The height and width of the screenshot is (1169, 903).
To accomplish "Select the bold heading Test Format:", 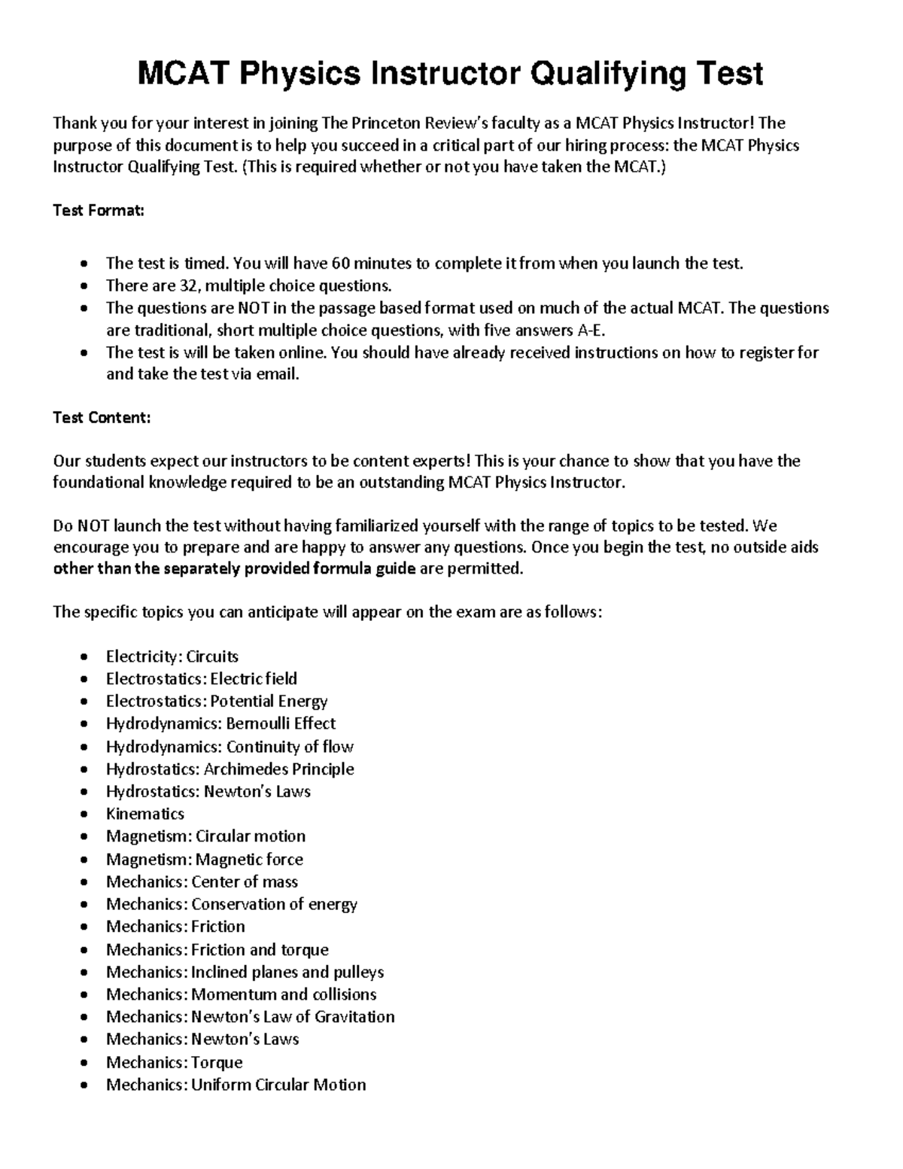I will click(x=98, y=211).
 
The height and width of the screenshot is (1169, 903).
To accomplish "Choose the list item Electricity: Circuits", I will click(x=172, y=656).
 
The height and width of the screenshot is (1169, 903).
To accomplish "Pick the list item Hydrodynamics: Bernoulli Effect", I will click(x=220, y=723).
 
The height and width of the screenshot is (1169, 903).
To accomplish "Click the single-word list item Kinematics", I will click(x=144, y=814).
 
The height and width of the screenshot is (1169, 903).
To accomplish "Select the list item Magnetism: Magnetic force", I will click(x=204, y=859).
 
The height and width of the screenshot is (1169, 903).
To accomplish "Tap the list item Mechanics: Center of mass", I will click(x=202, y=881).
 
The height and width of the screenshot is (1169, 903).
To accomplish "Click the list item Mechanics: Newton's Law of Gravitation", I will click(x=250, y=1017).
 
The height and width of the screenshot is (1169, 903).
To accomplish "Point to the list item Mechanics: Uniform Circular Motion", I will click(x=236, y=1085).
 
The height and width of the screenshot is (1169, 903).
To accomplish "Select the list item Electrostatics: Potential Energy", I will click(x=217, y=701).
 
